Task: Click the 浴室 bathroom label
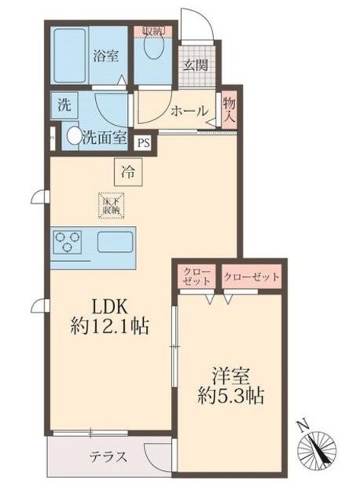104,56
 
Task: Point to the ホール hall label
190,111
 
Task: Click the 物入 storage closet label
228,111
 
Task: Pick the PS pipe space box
143,141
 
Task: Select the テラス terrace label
109,457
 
